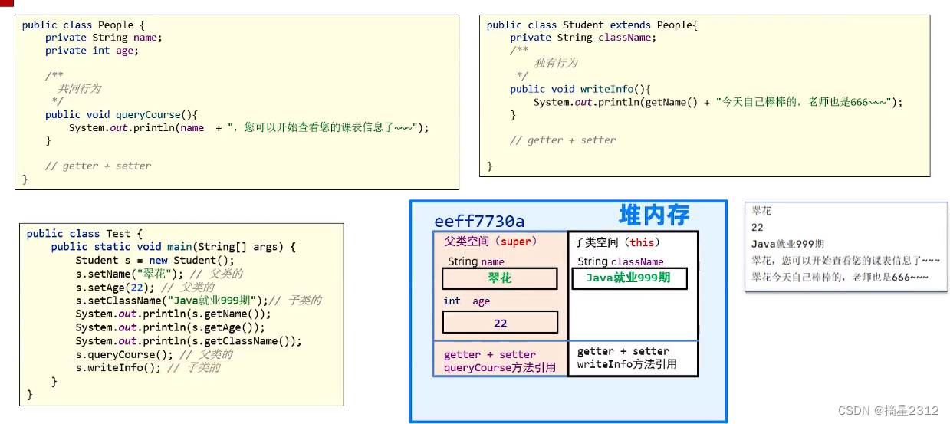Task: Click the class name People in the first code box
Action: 116,25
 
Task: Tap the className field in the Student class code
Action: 625,37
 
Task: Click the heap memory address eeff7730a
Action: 479,222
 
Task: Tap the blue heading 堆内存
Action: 654,215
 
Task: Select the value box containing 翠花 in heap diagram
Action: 499,278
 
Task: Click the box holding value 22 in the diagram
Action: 500,323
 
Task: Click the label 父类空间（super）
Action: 491,242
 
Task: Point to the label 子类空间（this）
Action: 617,242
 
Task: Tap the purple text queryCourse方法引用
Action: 500,368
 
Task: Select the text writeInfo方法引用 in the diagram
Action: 627,364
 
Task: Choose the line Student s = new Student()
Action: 154,261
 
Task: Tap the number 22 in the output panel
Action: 758,228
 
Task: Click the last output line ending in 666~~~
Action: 840,277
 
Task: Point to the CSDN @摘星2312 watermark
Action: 888,411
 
